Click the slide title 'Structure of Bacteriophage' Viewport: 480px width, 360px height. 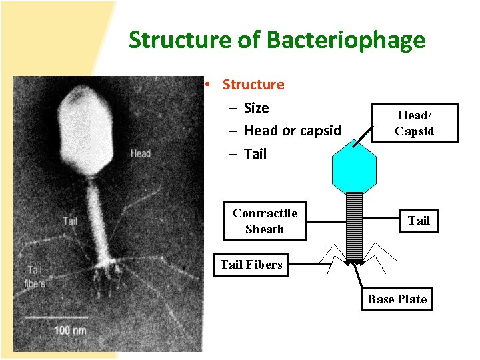(x=277, y=40)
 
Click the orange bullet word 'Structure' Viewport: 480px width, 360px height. (x=253, y=85)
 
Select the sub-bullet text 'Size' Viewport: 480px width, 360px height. (x=256, y=108)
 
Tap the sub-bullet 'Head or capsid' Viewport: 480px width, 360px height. (x=292, y=131)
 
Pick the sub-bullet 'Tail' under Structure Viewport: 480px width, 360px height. (x=255, y=154)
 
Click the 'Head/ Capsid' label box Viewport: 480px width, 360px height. (x=414, y=123)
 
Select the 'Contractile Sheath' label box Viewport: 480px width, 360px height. (x=265, y=221)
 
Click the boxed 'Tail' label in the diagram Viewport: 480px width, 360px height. (x=419, y=221)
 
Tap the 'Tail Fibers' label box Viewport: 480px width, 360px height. (x=251, y=265)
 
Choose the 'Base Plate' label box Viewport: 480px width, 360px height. (x=397, y=299)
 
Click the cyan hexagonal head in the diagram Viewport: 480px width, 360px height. (x=354, y=167)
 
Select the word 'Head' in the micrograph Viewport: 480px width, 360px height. (x=140, y=153)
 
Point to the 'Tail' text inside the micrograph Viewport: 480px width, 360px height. (x=70, y=221)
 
